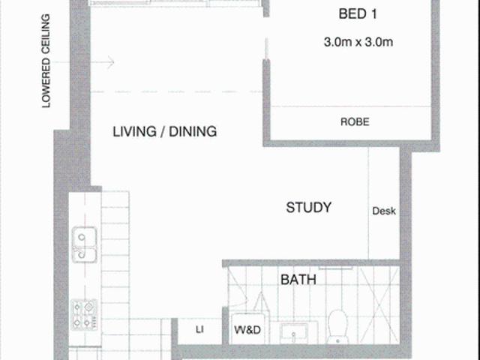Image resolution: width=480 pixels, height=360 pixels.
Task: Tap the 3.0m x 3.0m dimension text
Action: coord(358,43)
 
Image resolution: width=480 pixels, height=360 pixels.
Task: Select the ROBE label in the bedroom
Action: coord(354,121)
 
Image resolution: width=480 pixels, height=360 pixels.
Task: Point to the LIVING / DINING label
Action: coord(164,132)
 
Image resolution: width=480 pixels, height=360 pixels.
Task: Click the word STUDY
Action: coord(308,208)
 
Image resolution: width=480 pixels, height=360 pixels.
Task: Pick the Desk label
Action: coord(383,211)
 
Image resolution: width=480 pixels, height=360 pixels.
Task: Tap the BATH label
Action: coord(298,280)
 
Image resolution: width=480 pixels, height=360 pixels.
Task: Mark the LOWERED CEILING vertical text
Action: coord(46,61)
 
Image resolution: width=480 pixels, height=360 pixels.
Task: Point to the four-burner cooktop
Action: coord(83,313)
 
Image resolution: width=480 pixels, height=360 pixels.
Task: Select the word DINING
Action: coord(193,132)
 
